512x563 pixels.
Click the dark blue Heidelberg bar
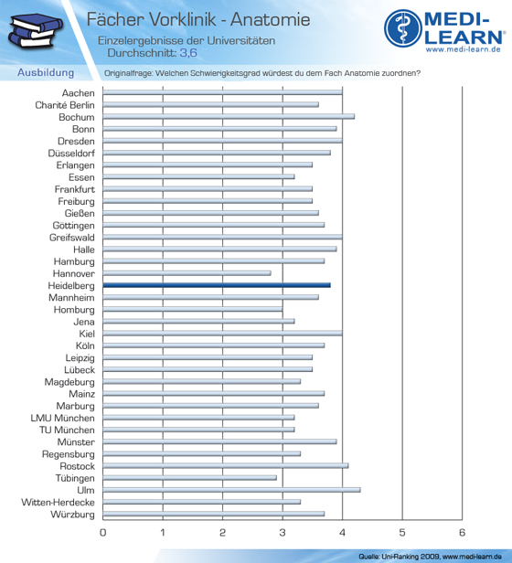pyautogui.click(x=217, y=285)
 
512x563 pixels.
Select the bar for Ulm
pyautogui.click(x=231, y=490)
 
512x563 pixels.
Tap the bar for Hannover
pyautogui.click(x=187, y=273)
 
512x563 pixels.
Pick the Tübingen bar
pyautogui.click(x=189, y=478)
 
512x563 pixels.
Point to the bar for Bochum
pyautogui.click(x=229, y=117)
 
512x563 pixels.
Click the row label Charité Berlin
pyautogui.click(x=65, y=105)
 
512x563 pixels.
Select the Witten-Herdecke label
pyautogui.click(x=58, y=502)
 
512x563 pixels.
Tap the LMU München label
pyautogui.click(x=62, y=418)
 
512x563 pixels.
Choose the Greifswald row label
pyautogui.click(x=72, y=238)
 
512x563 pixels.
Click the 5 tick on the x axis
pyautogui.click(x=402, y=533)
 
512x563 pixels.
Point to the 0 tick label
pyautogui.click(x=102, y=533)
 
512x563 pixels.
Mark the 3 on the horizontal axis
pyautogui.click(x=283, y=533)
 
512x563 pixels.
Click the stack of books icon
pyautogui.click(x=35, y=30)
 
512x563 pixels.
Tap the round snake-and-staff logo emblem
pyautogui.click(x=403, y=28)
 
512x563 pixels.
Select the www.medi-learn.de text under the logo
pyautogui.click(x=464, y=49)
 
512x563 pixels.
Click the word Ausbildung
pyautogui.click(x=46, y=72)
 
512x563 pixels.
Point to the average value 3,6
pyautogui.click(x=188, y=53)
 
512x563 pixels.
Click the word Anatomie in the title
pyautogui.click(x=271, y=19)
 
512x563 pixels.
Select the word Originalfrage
pyautogui.click(x=128, y=73)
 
